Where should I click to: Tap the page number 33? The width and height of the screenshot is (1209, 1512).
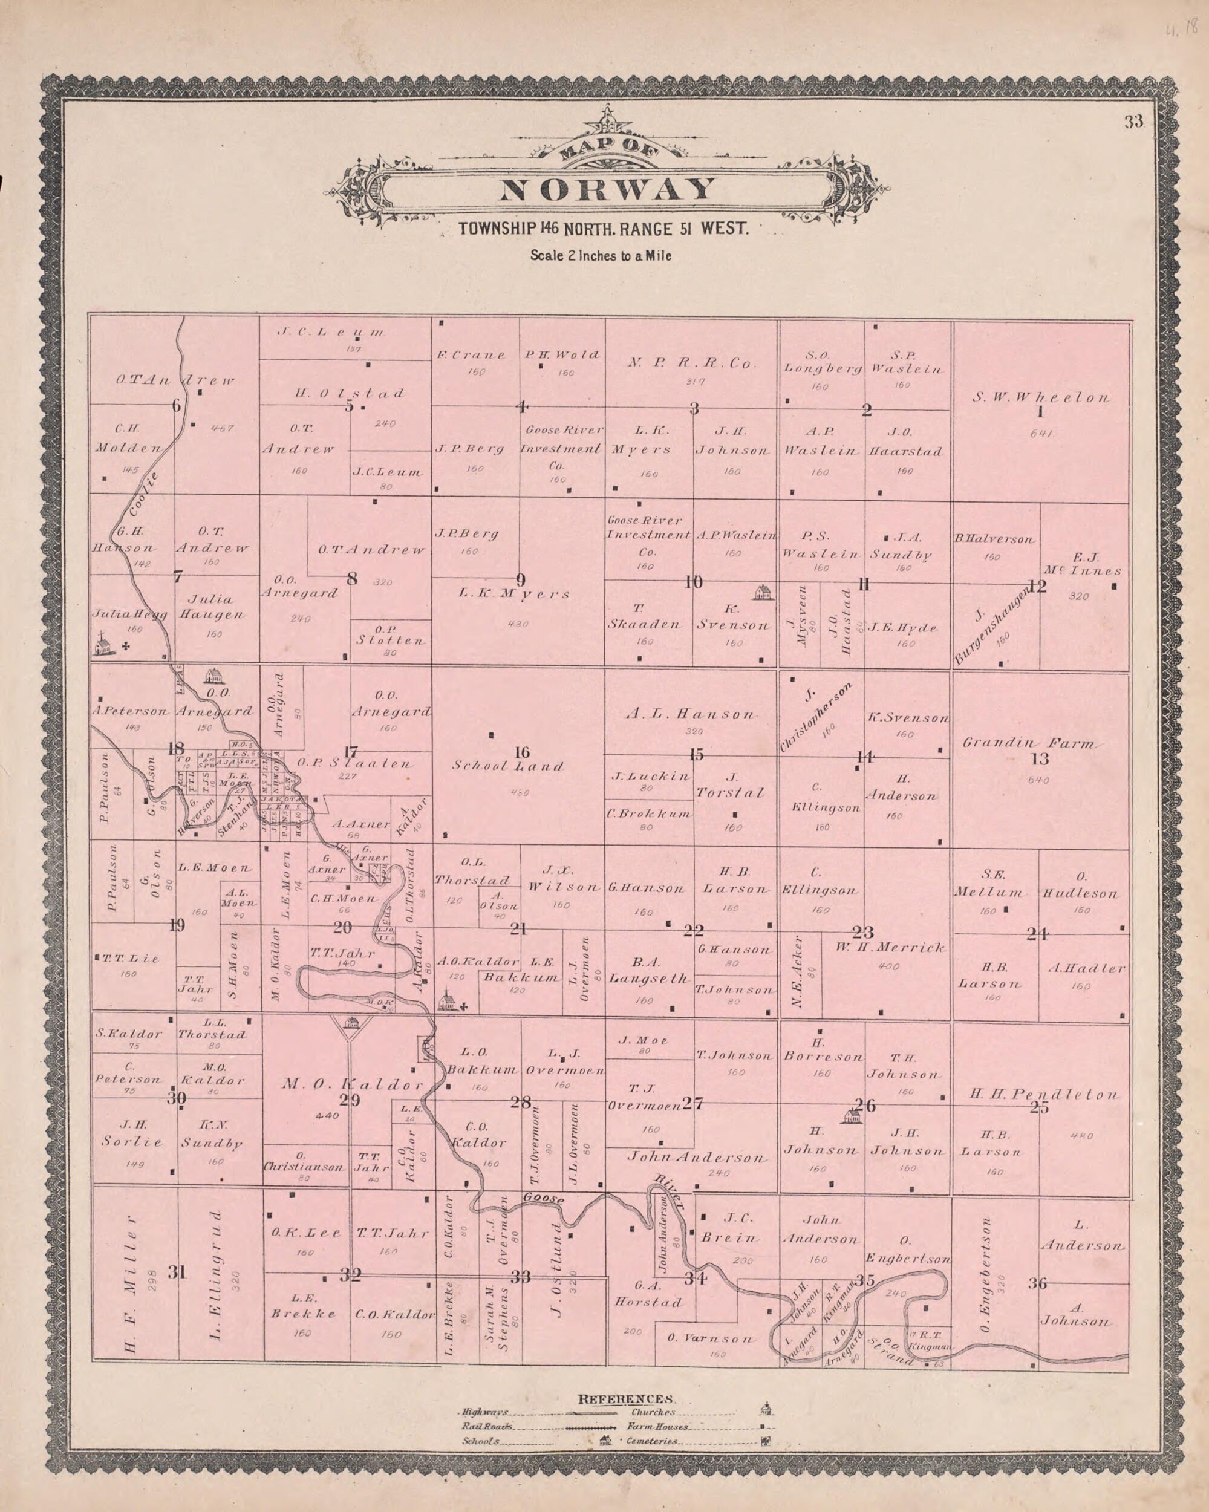coord(1134,122)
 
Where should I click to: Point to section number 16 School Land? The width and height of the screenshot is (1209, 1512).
coord(521,752)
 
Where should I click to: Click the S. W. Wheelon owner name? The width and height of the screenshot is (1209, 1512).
coord(1041,397)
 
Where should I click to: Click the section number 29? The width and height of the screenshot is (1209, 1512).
coord(350,1100)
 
